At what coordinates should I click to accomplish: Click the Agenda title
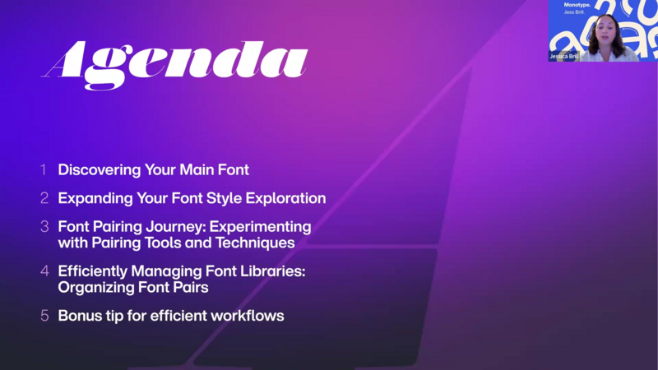[174, 64]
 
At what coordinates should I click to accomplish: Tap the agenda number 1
[44, 170]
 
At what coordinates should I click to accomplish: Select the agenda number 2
[44, 198]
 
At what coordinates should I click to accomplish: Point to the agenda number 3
[44, 227]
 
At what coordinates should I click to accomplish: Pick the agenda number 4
[44, 271]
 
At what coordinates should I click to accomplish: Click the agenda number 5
[44, 316]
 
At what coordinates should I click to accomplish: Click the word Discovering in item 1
[100, 170]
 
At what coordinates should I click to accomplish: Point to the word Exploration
[285, 198]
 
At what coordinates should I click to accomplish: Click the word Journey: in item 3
[175, 228]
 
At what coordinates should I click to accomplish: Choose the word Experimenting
[260, 228]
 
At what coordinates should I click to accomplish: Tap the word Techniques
[255, 243]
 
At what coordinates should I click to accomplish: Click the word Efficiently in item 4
[93, 272]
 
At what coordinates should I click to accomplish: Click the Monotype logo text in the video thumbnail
[577, 5]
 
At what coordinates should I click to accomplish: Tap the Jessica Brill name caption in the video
[564, 56]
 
